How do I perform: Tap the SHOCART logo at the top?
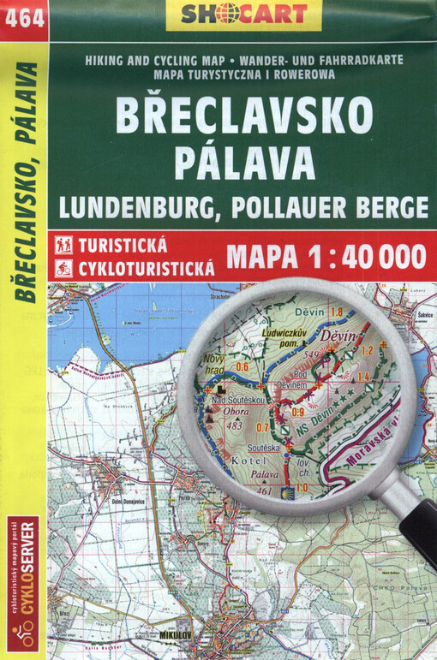[242, 15]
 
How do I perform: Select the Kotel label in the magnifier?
[245, 462]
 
